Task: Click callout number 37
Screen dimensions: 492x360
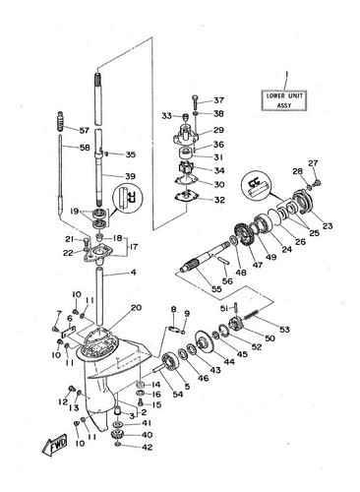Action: click(x=218, y=100)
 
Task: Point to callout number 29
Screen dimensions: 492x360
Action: click(x=218, y=130)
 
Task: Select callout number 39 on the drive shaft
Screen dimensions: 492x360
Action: click(x=130, y=176)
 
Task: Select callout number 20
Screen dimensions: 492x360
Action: click(x=136, y=308)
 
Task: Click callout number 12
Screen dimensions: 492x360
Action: click(x=63, y=401)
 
